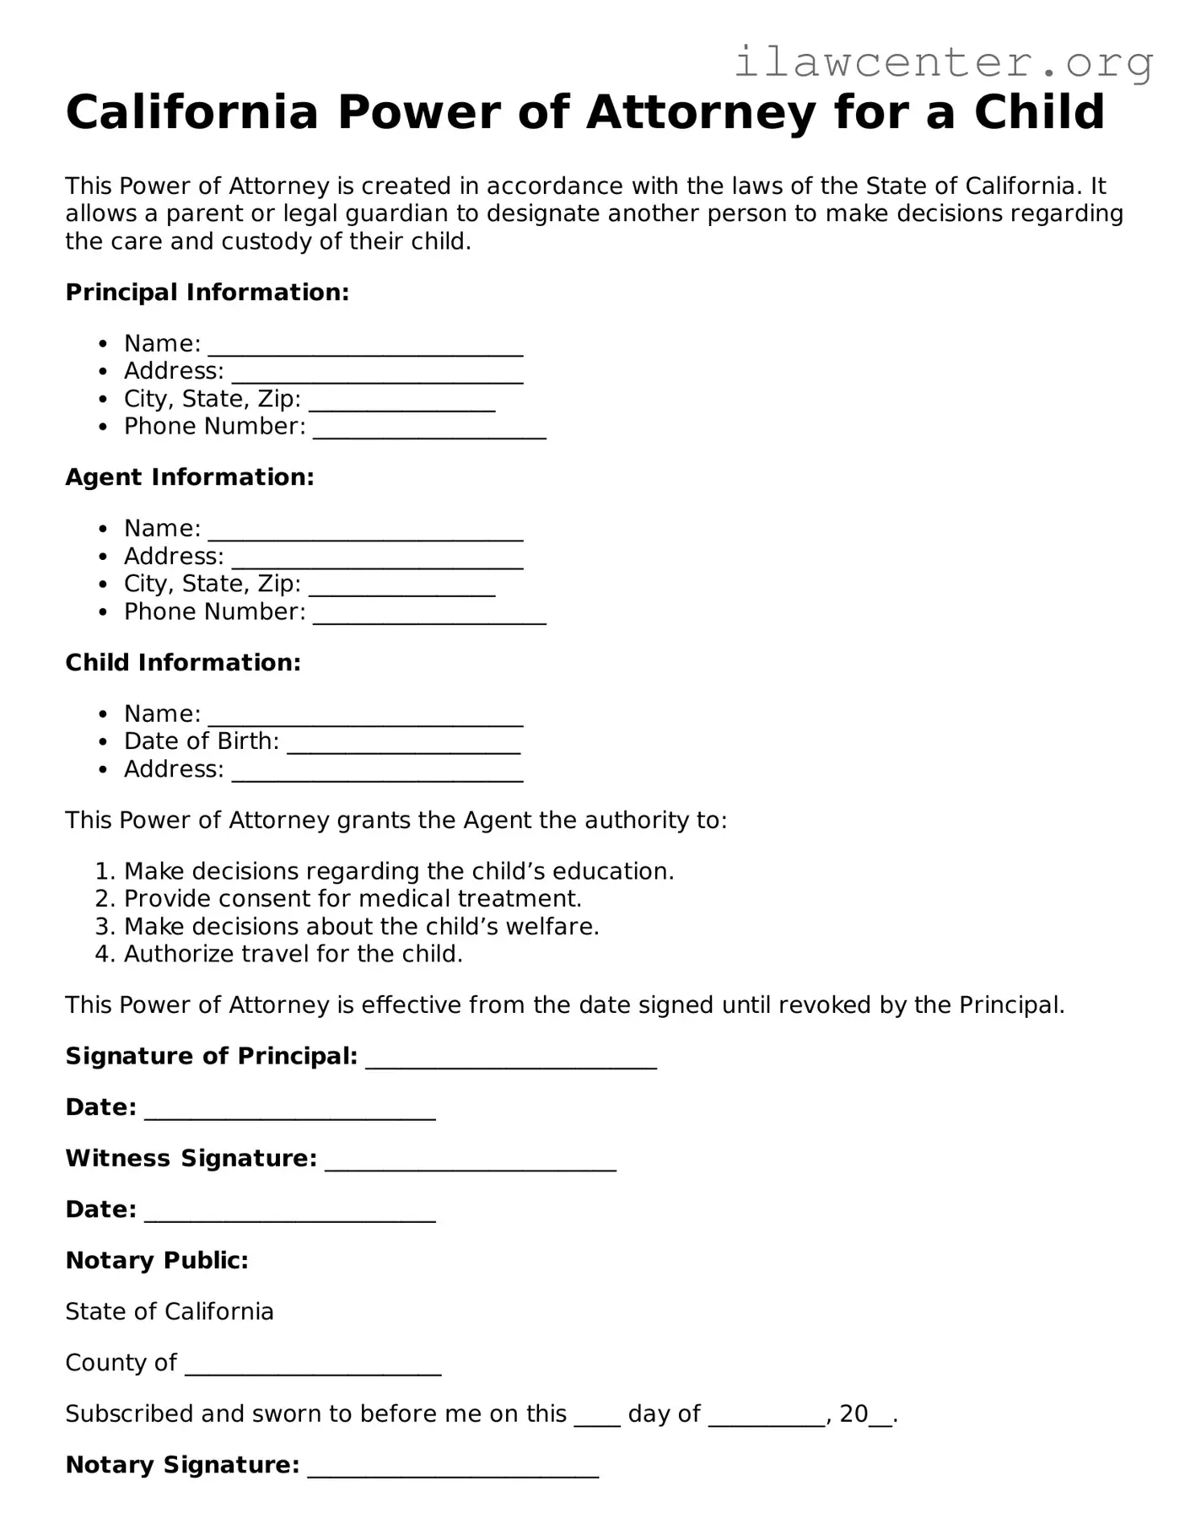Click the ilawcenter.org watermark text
point(943,62)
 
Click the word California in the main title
point(192,112)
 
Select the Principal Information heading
point(207,293)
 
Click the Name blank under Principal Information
point(365,345)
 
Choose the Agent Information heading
point(190,477)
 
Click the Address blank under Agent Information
point(377,557)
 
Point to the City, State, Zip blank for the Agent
point(401,585)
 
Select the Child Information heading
point(183,663)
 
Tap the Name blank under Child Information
point(365,715)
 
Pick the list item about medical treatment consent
point(353,899)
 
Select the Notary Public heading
point(157,1261)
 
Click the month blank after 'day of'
point(767,1415)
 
